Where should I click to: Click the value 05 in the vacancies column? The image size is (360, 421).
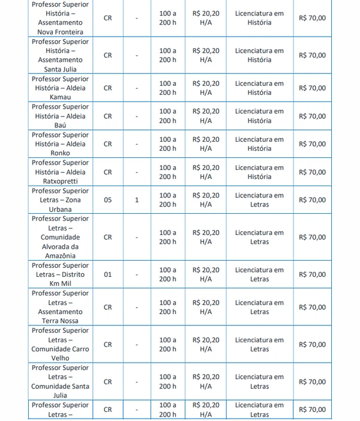point(108,200)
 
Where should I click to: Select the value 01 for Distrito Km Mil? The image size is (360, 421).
point(108,274)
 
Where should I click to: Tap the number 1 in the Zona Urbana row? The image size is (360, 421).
point(137,200)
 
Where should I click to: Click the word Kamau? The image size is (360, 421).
point(60,97)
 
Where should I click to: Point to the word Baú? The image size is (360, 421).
point(60,126)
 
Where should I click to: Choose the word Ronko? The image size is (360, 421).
point(60,153)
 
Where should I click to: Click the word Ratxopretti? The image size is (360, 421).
point(60,181)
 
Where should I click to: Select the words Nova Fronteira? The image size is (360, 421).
point(60,32)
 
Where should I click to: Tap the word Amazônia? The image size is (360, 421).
point(60,256)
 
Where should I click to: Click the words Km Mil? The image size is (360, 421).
point(60,284)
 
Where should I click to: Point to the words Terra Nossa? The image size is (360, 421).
point(60,321)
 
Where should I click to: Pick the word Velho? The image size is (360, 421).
point(60,359)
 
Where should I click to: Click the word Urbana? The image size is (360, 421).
point(60,210)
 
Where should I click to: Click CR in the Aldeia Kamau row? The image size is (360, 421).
point(108,88)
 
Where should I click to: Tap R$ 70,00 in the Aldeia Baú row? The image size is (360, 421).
point(312,116)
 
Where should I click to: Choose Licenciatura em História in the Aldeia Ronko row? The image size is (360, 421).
point(259,144)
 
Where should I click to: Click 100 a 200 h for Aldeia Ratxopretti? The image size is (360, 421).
point(168,172)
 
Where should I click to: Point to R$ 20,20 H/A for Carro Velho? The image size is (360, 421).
point(206,344)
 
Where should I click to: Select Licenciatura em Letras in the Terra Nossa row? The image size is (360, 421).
point(259,307)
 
